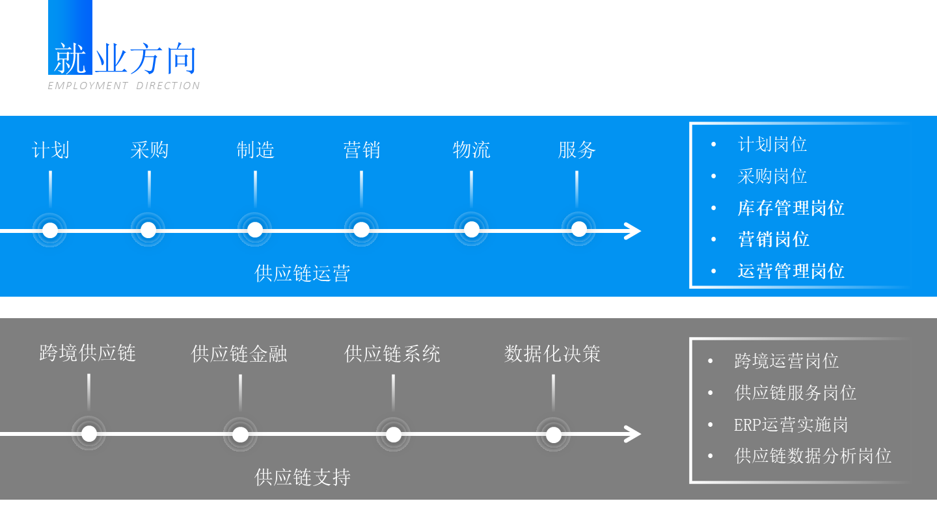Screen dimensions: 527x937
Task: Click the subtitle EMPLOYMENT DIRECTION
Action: (x=124, y=86)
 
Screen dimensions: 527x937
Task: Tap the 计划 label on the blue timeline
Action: (x=51, y=150)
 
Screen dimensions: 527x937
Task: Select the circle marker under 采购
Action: (x=148, y=230)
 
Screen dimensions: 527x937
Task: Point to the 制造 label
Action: (x=255, y=150)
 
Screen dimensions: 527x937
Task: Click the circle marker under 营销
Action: (x=361, y=230)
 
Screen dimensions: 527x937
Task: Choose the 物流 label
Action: (x=471, y=150)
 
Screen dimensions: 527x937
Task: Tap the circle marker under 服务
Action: (x=578, y=230)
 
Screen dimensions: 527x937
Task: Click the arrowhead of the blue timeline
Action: (x=633, y=231)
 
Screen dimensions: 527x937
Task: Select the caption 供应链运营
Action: (x=302, y=273)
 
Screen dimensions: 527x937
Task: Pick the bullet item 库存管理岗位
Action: (x=791, y=208)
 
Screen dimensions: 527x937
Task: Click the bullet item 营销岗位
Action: (x=773, y=239)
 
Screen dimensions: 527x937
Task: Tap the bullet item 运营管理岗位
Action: (x=791, y=271)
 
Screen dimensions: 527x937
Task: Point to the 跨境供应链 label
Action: (x=87, y=353)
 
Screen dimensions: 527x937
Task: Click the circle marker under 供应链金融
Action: (x=240, y=434)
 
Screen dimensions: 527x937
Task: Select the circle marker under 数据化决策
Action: (x=553, y=434)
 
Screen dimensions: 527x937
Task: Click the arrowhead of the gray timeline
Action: (x=633, y=434)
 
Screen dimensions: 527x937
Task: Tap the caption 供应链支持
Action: (x=302, y=478)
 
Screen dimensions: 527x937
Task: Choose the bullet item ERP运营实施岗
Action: (x=791, y=425)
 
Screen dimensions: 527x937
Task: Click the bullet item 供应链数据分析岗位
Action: (x=813, y=456)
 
